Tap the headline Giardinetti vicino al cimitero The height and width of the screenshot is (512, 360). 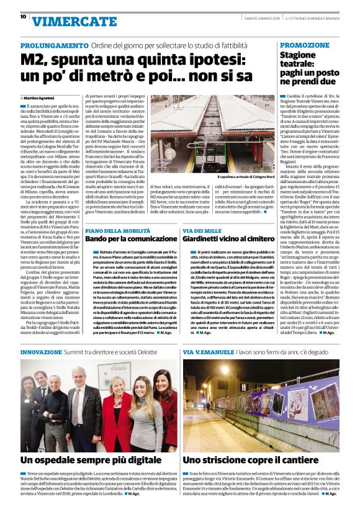pos(231,239)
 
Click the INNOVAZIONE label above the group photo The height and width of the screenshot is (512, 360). pos(41,351)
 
